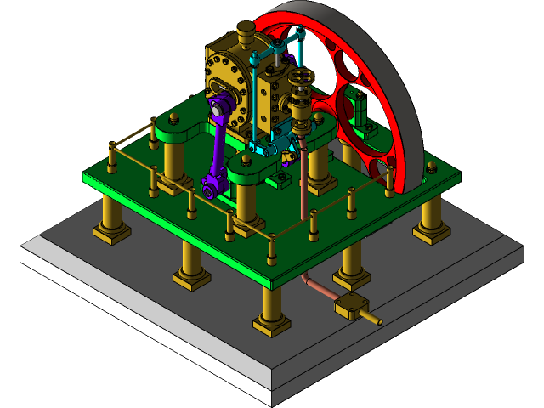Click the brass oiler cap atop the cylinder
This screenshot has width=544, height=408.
245,37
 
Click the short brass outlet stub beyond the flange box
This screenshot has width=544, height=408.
371,320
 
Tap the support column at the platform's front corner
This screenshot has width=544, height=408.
272,306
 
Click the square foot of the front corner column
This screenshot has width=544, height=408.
271,324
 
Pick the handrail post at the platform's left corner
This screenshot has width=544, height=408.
112,157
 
